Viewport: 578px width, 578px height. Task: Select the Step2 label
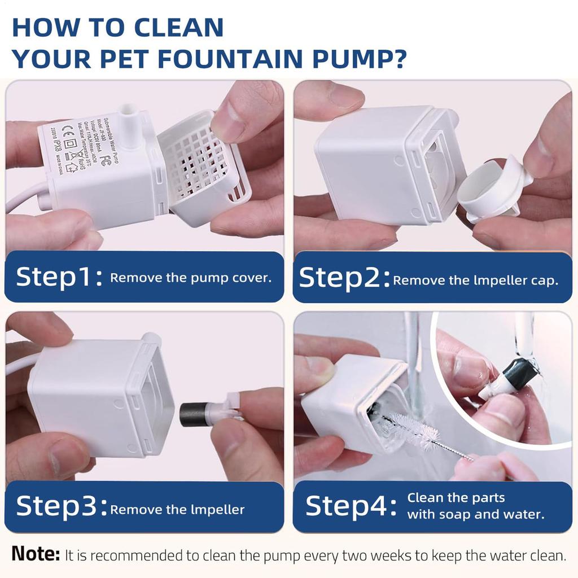(344, 278)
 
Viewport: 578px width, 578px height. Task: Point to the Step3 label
(61, 507)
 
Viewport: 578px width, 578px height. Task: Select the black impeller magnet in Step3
(192, 414)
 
